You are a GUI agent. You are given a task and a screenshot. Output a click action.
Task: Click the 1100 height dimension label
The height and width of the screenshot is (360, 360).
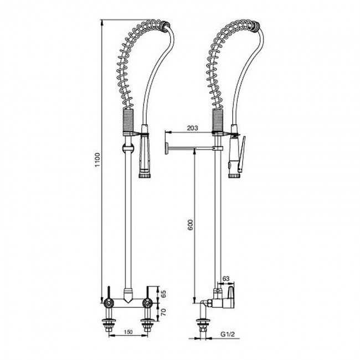coord(98,160)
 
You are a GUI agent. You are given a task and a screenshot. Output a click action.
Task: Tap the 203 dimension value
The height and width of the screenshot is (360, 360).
coord(192,128)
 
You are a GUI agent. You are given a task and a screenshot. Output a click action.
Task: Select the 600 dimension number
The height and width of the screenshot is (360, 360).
coord(191,225)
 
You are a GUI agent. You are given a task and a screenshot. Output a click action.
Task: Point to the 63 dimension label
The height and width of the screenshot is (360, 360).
coord(226,279)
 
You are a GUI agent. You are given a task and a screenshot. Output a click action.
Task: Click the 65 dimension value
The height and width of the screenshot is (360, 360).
coord(164,294)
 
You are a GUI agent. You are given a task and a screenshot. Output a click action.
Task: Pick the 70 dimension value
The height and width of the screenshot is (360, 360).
coord(164,312)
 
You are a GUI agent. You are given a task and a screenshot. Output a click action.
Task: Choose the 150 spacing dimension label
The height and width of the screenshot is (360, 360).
coord(128,332)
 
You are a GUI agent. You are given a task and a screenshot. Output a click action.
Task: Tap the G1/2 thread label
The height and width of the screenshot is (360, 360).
coord(228,335)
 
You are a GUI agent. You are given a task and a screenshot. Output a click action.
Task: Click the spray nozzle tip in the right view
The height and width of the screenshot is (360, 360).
coord(234,176)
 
